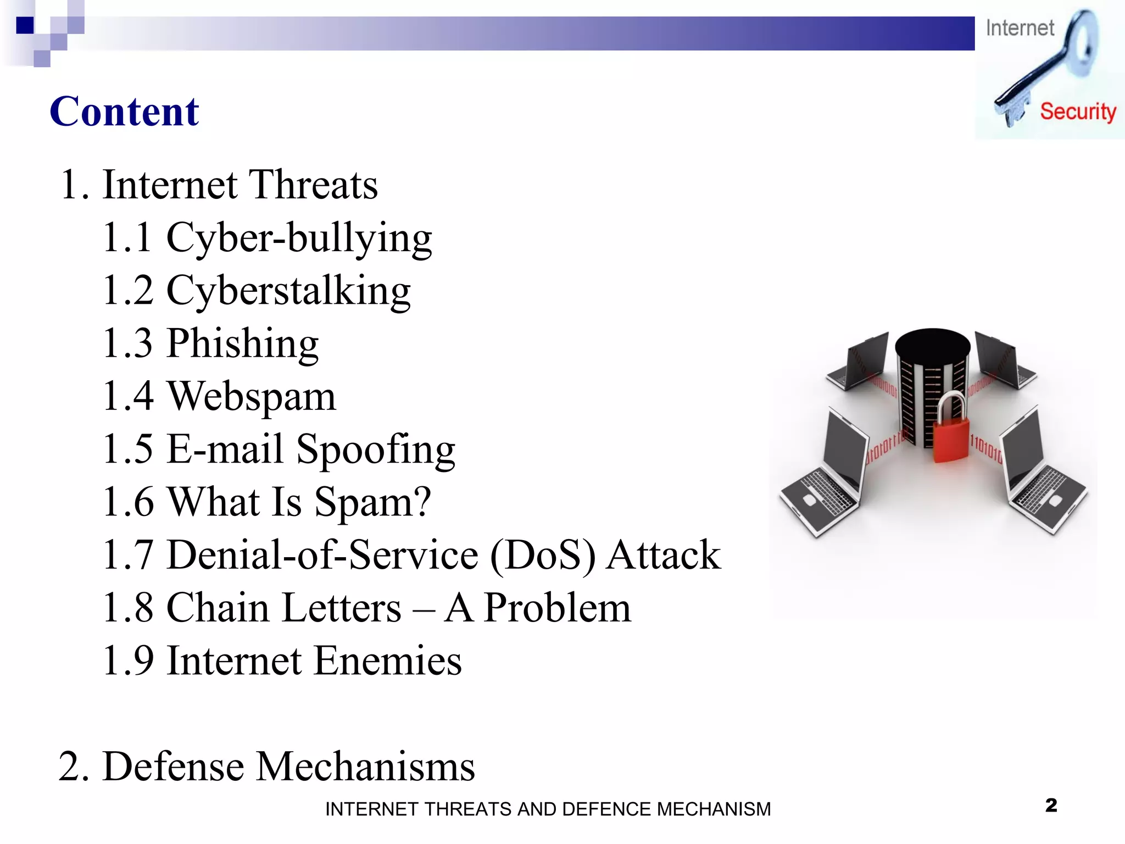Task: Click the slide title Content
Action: coord(124,112)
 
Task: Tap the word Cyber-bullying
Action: coord(299,238)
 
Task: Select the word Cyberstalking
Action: coord(288,291)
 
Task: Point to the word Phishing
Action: coord(242,343)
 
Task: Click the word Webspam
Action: coord(251,396)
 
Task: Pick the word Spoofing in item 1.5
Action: coord(376,449)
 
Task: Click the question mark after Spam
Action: coord(421,501)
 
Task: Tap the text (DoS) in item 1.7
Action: coord(542,555)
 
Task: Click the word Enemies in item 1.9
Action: coord(388,660)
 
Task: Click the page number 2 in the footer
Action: coord(1051,806)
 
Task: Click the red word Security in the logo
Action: coord(1078,112)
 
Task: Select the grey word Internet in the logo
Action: coord(1020,28)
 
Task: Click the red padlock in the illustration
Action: coord(951,434)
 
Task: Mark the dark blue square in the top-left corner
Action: coord(25,25)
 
